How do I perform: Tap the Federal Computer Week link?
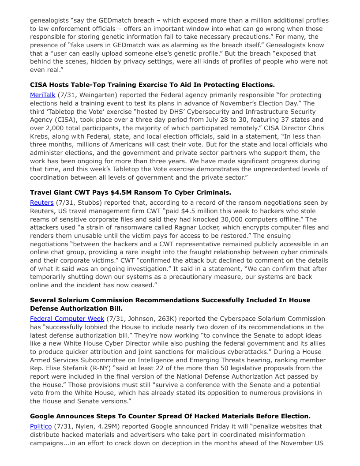pyautogui.click(x=67, y=319)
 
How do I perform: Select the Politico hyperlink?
pyautogui.click(x=41, y=426)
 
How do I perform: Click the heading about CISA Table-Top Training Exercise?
pyautogui.click(x=152, y=84)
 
